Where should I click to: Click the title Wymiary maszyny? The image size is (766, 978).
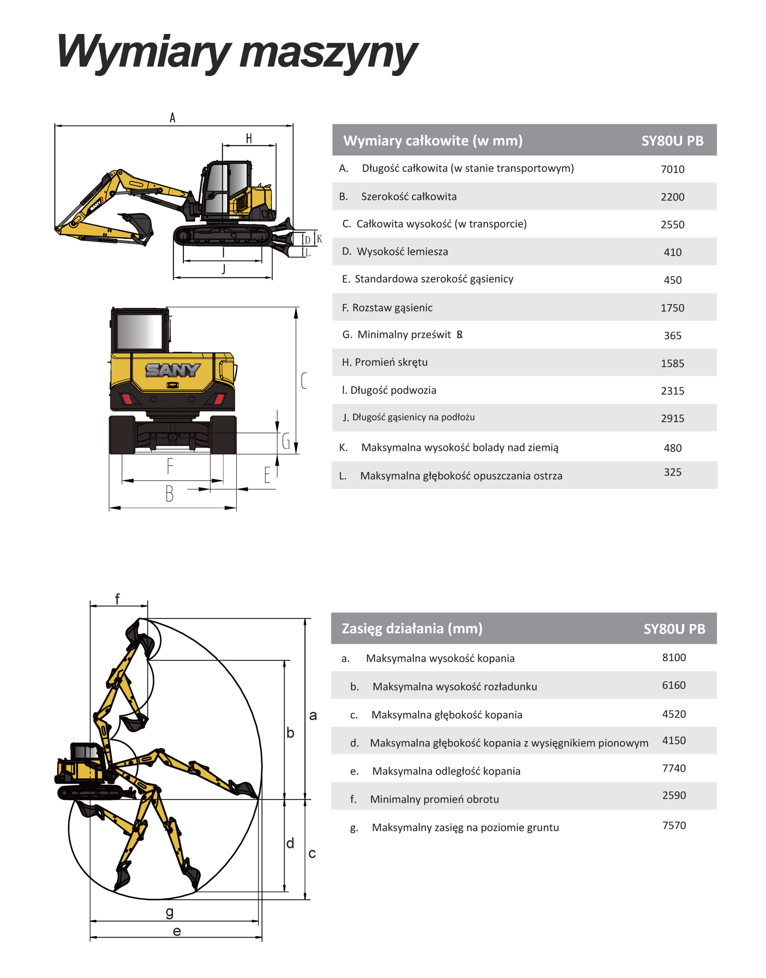point(238,53)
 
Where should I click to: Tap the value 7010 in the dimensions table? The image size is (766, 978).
point(672,169)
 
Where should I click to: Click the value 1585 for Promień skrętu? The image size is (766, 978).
point(672,363)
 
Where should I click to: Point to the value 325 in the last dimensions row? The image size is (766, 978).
point(672,472)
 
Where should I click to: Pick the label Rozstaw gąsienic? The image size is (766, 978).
point(392,308)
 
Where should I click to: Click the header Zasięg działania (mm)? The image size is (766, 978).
point(412,628)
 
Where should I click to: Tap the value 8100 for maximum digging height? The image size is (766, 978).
point(674,657)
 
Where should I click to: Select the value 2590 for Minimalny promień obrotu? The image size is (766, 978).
point(674,795)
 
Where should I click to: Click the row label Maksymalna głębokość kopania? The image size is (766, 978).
point(447,715)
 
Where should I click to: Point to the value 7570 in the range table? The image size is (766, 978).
point(674,825)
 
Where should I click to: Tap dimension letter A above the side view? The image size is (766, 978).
point(173,118)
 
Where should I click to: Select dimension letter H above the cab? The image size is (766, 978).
point(249,139)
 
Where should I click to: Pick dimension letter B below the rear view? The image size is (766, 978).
point(169,494)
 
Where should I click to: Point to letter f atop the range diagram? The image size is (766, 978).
point(118,599)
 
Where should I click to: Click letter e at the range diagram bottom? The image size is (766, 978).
point(177,931)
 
